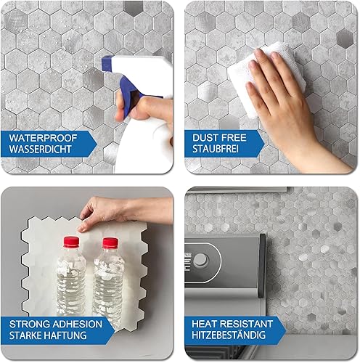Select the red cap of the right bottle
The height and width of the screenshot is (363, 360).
[x=110, y=243]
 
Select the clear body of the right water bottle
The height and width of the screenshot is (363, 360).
[x=109, y=283]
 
